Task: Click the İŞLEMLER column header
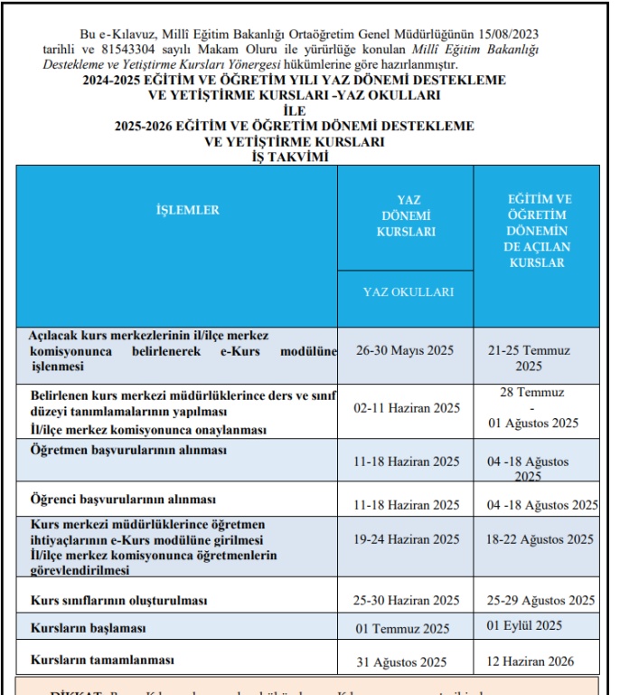pyautogui.click(x=188, y=210)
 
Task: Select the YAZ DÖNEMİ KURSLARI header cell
pyautogui.click(x=406, y=216)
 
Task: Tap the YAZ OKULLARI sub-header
pyautogui.click(x=409, y=292)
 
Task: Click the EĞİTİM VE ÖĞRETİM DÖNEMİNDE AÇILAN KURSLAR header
pyautogui.click(x=537, y=231)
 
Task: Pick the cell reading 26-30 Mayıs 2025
pyautogui.click(x=406, y=350)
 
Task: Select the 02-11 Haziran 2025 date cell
pyautogui.click(x=406, y=408)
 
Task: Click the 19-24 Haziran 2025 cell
pyautogui.click(x=406, y=539)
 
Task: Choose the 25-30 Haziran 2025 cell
pyautogui.click(x=406, y=600)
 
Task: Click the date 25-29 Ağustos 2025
pyautogui.click(x=540, y=600)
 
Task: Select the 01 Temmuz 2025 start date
pyautogui.click(x=403, y=629)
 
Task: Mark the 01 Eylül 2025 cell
pyautogui.click(x=524, y=625)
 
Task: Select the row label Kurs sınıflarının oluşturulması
pyautogui.click(x=119, y=601)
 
